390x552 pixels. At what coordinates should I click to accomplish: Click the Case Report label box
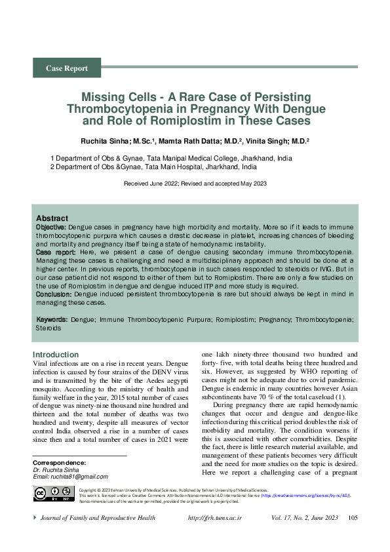click(67, 68)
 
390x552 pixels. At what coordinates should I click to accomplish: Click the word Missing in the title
click(102, 96)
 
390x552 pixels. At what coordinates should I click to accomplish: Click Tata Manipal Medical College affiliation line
click(171, 158)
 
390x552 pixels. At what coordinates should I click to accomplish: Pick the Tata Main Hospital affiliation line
click(153, 167)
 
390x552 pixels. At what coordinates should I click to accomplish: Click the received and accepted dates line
click(195, 184)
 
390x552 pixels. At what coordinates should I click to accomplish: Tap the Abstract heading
click(52, 218)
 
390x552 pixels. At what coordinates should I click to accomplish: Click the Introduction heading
click(55, 355)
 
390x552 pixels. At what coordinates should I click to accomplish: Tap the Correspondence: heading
click(60, 462)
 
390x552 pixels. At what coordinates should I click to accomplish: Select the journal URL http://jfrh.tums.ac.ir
click(215, 518)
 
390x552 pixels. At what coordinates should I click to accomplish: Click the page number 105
click(353, 518)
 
